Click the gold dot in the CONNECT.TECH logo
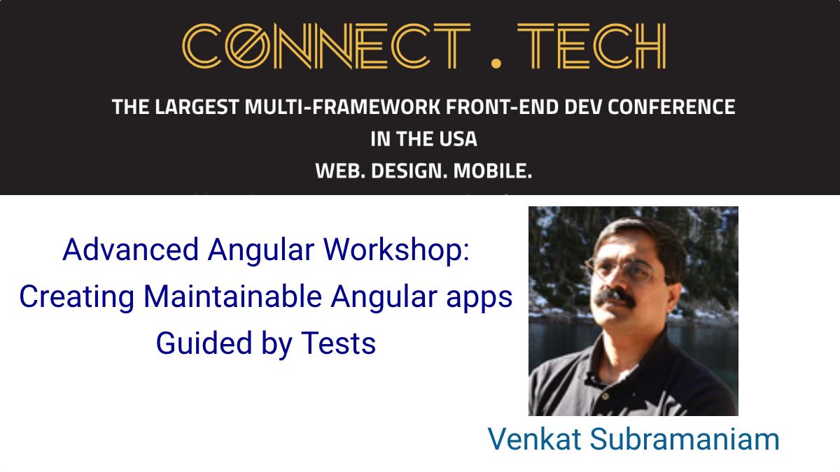(496, 63)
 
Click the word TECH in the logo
(591, 46)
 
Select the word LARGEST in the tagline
(197, 107)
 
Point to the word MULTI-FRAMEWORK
(342, 107)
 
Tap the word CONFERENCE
(671, 107)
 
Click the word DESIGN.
(409, 171)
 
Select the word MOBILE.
(493, 171)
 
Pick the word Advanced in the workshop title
(130, 250)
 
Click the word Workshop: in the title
(396, 250)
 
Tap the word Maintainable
(232, 296)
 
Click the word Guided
(204, 343)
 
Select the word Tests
(338, 343)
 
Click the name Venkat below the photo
(534, 438)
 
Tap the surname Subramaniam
(685, 438)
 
